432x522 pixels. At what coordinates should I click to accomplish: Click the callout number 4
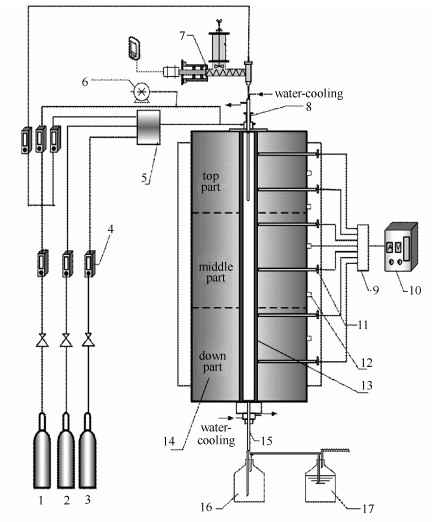[x=110, y=229]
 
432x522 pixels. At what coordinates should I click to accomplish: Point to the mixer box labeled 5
[x=148, y=127]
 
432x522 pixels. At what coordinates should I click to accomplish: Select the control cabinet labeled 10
[x=400, y=247]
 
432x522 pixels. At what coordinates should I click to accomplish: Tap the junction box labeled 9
[x=363, y=247]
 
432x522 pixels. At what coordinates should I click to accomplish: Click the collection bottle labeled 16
[x=250, y=477]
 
